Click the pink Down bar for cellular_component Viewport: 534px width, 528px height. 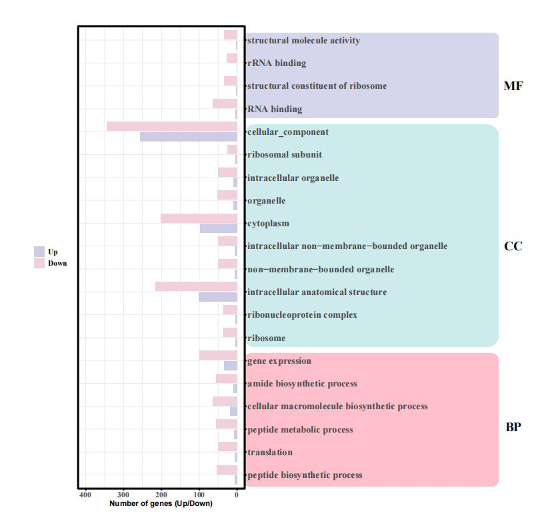click(x=172, y=126)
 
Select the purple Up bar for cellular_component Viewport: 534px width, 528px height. click(x=189, y=137)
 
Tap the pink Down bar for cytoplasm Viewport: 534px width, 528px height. click(x=199, y=218)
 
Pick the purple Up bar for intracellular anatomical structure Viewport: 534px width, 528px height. click(x=218, y=297)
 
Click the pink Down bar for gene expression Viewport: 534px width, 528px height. click(x=218, y=355)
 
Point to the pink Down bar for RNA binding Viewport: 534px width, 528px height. click(x=225, y=103)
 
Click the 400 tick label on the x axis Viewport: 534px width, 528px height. click(x=85, y=495)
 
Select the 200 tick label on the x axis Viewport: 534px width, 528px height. click(x=161, y=495)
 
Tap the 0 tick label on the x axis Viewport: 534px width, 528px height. click(x=237, y=495)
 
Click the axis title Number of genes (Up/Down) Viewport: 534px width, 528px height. click(x=161, y=503)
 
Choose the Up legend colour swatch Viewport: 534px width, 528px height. click(x=39, y=252)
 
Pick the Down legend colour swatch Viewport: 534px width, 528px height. click(x=39, y=263)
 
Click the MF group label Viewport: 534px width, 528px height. click(x=513, y=86)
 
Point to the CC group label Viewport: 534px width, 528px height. click(x=513, y=246)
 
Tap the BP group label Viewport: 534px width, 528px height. click(x=513, y=428)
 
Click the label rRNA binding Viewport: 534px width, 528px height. click(x=276, y=63)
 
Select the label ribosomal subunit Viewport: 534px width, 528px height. click(x=284, y=155)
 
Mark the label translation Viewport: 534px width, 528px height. click(x=269, y=453)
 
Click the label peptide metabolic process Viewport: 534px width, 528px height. click(x=299, y=430)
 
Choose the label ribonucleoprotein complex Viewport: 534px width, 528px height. click(x=301, y=315)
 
